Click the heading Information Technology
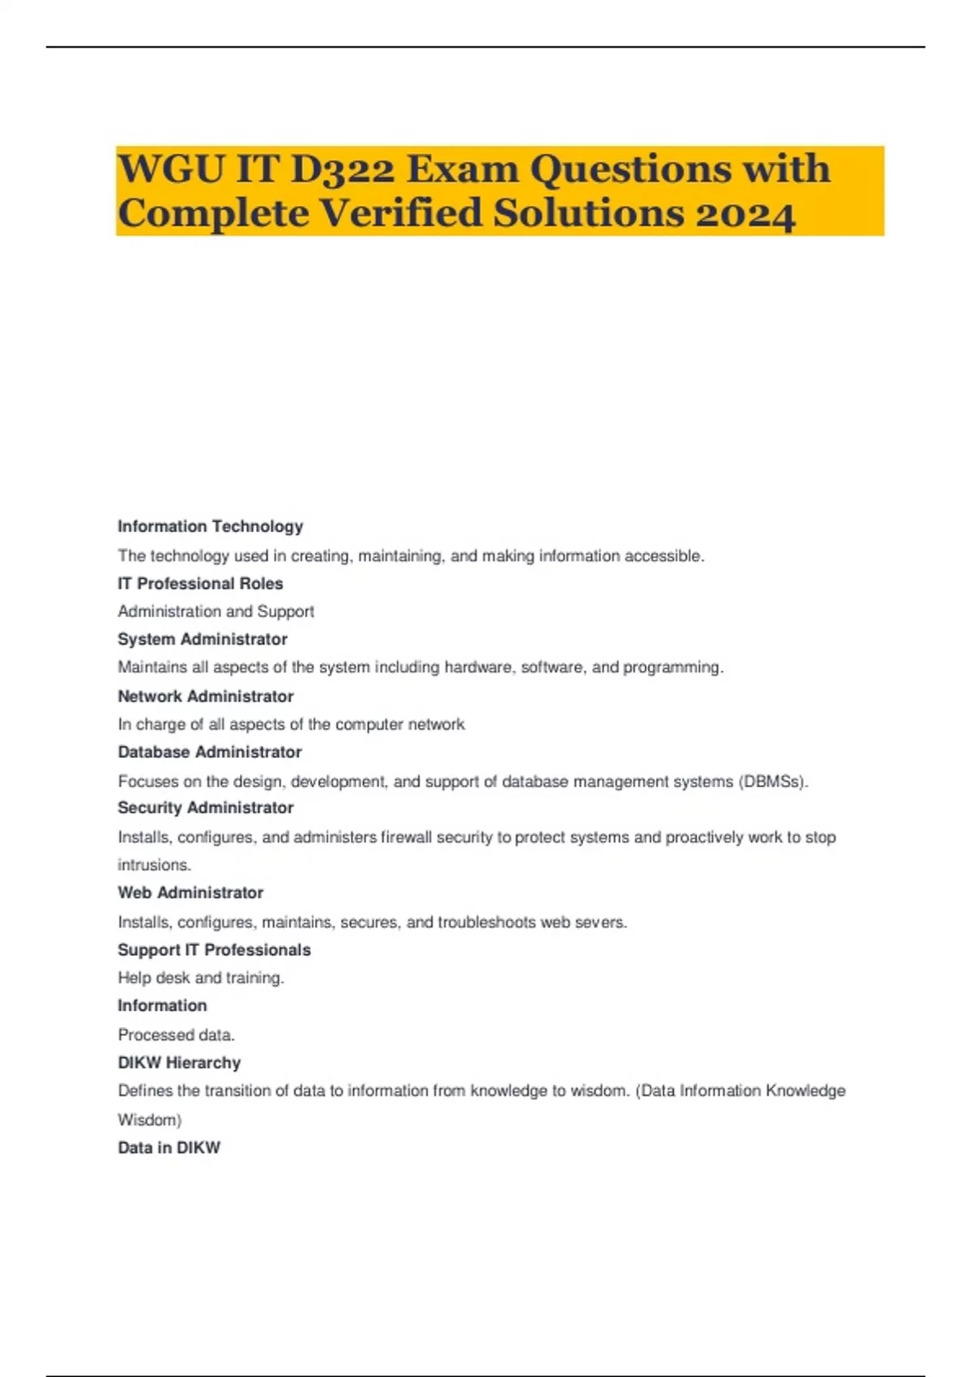[x=210, y=526]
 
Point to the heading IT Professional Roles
[x=200, y=583]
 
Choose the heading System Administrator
[x=202, y=639]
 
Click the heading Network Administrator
[x=205, y=696]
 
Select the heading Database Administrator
[x=209, y=752]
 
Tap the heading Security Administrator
[x=205, y=808]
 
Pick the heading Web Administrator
[x=190, y=893]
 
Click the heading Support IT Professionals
[x=214, y=949]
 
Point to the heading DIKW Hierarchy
[x=179, y=1062]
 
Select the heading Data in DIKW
[x=168, y=1147]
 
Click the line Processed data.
[x=176, y=1034]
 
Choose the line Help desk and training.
[x=201, y=978]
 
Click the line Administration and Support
[x=215, y=612]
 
